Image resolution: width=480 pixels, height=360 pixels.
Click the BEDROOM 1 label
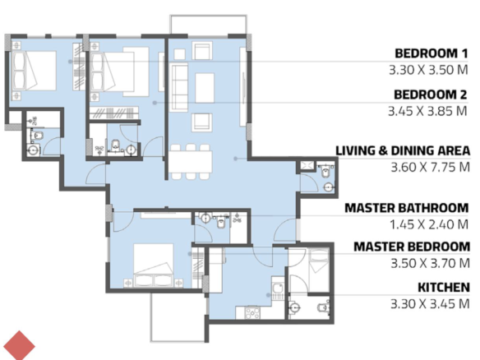pyautogui.click(x=432, y=53)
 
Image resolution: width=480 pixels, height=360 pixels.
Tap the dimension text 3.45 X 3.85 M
pyautogui.click(x=427, y=111)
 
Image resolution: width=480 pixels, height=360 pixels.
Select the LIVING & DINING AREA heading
pyautogui.click(x=403, y=151)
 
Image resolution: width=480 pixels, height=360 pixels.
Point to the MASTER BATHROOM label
pyautogui.click(x=407, y=208)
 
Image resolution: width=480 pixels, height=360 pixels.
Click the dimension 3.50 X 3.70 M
pyautogui.click(x=430, y=263)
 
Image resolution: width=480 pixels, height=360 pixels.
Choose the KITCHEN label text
pyautogui.click(x=444, y=288)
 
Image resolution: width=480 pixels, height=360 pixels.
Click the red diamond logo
pyautogui.click(x=19, y=345)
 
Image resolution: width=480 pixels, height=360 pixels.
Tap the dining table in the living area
pyautogui.click(x=191, y=162)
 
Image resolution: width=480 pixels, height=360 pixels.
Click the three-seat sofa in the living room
pyautogui.click(x=180, y=88)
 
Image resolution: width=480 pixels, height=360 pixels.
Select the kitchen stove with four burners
pyautogui.click(x=252, y=313)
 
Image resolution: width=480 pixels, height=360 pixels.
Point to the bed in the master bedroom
pyautogui.click(x=154, y=265)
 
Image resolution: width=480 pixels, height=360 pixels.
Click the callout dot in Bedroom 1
pyautogui.click(x=70, y=62)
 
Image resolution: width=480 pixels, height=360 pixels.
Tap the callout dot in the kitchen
pyautogui.click(x=268, y=295)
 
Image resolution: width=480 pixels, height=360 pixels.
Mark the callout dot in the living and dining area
pyautogui.click(x=235, y=159)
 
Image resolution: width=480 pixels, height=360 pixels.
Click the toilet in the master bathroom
pyautogui.click(x=221, y=222)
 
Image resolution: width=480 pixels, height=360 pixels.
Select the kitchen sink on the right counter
pyautogui.click(x=279, y=288)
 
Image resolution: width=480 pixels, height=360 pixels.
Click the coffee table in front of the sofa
pyautogui.click(x=205, y=88)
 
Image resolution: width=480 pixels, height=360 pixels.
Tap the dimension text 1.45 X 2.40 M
pyautogui.click(x=429, y=224)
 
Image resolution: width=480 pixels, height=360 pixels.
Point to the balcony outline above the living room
pyautogui.click(x=208, y=16)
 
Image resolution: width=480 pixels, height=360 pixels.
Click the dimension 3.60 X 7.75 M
pyautogui.click(x=430, y=168)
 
